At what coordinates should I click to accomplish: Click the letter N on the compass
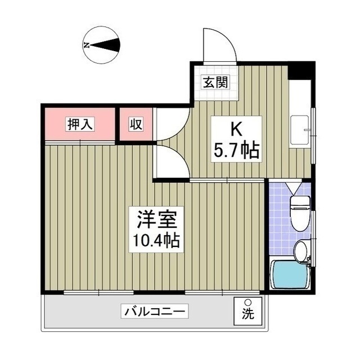point(87,45)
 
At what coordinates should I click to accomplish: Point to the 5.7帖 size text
point(236,150)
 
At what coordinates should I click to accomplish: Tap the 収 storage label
point(135,124)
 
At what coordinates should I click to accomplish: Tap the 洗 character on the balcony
point(247,316)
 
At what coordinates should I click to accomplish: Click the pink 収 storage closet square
point(135,124)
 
